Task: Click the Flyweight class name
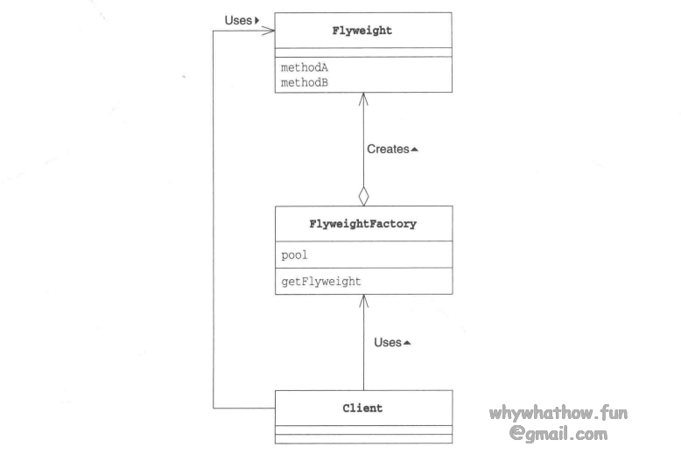point(362,31)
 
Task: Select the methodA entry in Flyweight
point(298,67)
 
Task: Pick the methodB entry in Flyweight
point(298,82)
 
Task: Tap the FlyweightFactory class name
point(362,224)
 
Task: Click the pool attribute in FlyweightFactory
point(294,255)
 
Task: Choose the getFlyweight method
point(320,281)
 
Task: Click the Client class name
point(362,408)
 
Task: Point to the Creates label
point(388,150)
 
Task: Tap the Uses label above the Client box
point(387,342)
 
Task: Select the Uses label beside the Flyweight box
point(237,19)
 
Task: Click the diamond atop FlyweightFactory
point(363,196)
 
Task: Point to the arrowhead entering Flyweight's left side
point(270,31)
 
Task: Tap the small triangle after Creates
point(415,150)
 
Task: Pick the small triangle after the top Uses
point(257,19)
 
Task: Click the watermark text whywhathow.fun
point(558,413)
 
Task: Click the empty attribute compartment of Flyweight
point(363,52)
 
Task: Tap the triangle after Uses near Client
point(407,342)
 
